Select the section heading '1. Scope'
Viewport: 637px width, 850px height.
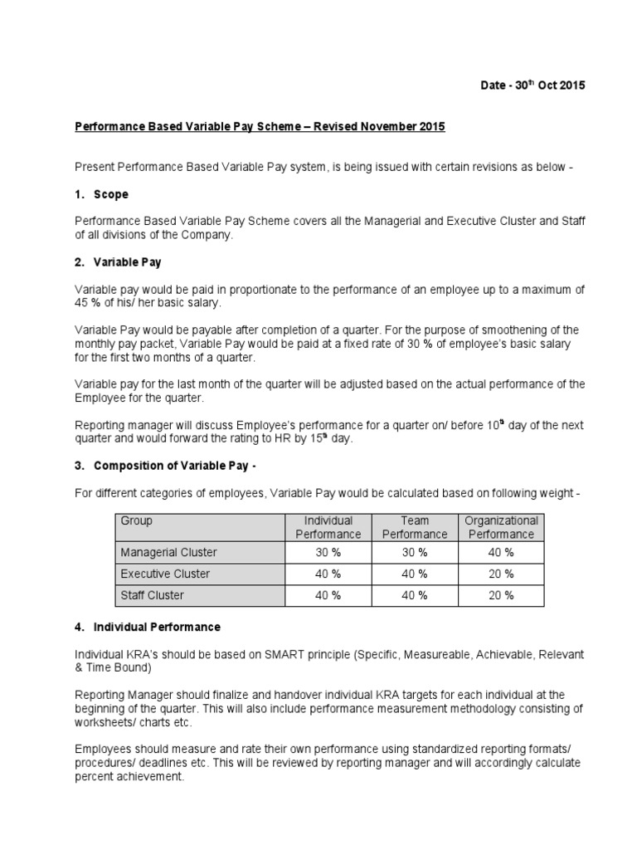(105, 194)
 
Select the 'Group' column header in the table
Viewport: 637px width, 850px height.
(137, 521)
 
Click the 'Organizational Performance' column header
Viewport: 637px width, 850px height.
(501, 527)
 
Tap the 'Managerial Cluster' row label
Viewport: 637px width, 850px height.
(169, 552)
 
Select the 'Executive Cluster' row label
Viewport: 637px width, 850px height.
(166, 574)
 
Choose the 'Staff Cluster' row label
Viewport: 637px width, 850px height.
(153, 595)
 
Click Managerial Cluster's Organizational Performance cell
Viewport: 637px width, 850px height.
(501, 552)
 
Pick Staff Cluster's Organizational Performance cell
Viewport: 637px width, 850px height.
(501, 595)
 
